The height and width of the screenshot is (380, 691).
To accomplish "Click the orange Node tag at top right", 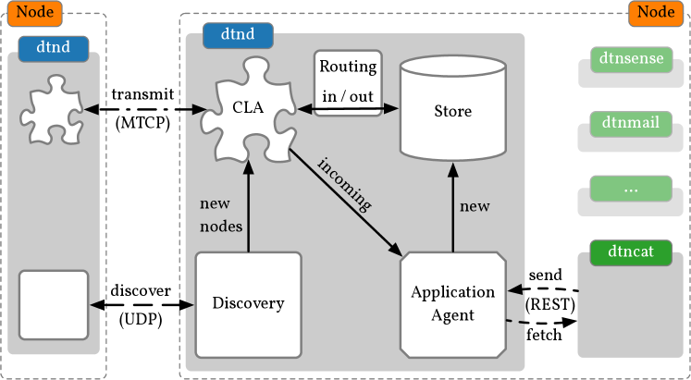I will pos(657,14).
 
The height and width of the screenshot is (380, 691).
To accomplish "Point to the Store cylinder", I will pos(453,111).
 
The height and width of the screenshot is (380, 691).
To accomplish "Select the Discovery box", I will pos(248,302).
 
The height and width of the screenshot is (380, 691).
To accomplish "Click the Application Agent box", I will pos(453,302).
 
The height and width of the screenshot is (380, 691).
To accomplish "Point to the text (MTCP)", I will pos(142,120).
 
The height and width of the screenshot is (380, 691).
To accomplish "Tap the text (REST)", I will pos(549,303).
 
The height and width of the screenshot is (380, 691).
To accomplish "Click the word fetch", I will pos(544,335).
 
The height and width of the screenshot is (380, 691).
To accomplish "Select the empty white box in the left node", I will pos(54,305).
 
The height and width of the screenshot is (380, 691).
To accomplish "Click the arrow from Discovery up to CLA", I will pos(248,203).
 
